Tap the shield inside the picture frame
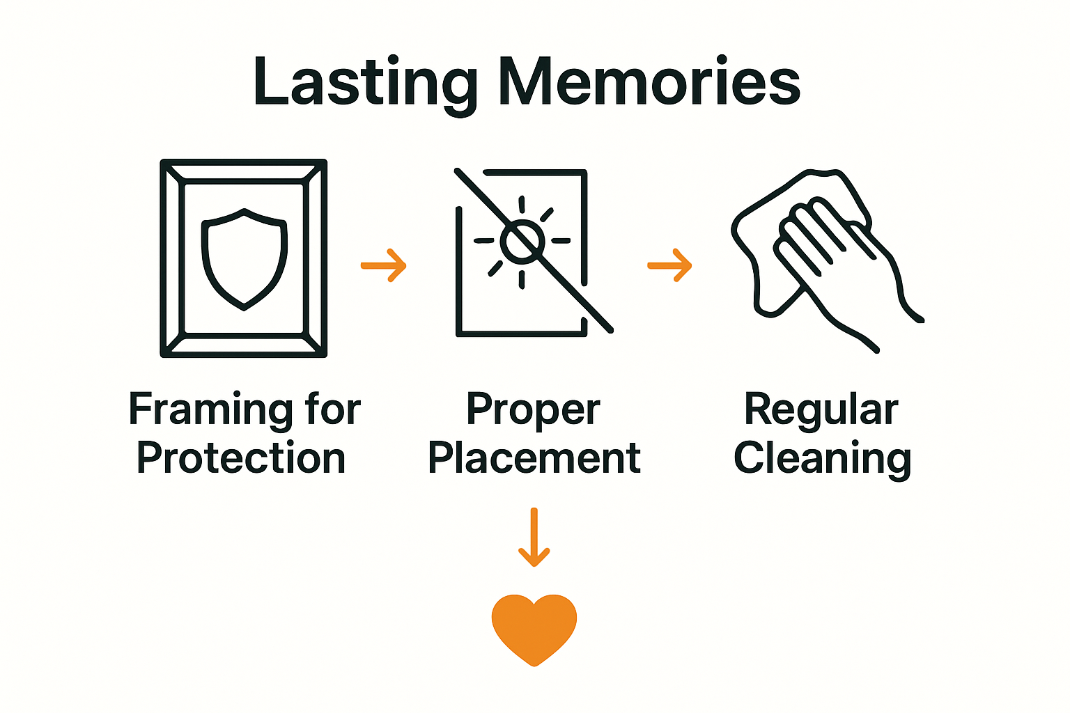(244, 258)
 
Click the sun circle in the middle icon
(521, 241)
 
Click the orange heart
(534, 627)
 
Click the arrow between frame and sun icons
(384, 265)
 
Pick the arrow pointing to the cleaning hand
(670, 265)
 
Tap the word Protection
(241, 458)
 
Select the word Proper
(533, 410)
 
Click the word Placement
(534, 458)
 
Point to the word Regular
(821, 410)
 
